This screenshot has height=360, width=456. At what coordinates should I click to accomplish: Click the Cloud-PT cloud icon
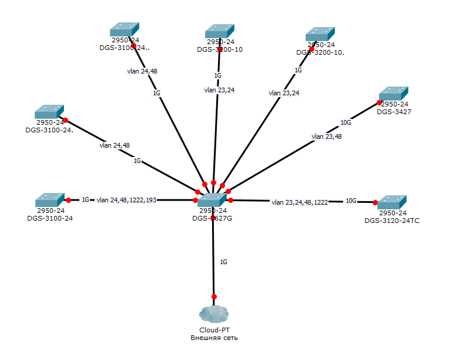(213, 314)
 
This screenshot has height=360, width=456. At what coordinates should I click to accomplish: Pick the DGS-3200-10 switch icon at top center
(220, 31)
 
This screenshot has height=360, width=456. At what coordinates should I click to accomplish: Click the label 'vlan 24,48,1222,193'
(126, 200)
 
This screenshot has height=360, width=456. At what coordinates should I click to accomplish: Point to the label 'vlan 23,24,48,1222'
(300, 202)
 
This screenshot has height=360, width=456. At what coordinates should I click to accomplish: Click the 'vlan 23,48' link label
(326, 136)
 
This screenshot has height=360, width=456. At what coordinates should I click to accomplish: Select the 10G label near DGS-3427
(346, 123)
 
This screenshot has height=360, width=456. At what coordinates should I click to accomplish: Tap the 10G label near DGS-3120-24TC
(351, 201)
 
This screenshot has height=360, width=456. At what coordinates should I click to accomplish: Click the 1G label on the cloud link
(223, 261)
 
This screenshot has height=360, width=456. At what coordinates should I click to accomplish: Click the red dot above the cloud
(214, 296)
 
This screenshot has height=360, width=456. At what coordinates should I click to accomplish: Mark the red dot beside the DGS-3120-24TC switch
(375, 202)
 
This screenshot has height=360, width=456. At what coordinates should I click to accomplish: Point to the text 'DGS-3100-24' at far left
(50, 218)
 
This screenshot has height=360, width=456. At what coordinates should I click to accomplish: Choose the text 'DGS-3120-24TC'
(392, 221)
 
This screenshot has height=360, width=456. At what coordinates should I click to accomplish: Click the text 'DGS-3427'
(394, 111)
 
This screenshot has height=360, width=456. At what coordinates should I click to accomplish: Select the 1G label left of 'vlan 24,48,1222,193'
(85, 200)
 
